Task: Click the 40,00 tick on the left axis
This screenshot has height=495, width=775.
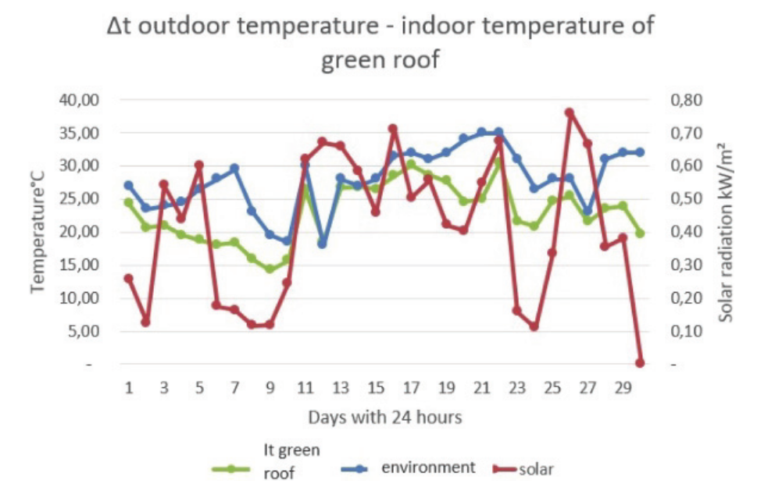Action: tap(77, 100)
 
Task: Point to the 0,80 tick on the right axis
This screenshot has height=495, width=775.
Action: tap(686, 100)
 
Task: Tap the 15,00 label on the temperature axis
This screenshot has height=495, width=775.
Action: tap(77, 265)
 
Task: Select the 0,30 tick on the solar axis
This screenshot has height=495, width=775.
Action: tap(686, 265)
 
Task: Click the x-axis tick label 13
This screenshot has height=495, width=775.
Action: tap(341, 388)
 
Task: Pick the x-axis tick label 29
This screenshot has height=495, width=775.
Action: tap(623, 388)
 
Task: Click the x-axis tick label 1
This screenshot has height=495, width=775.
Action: tap(129, 388)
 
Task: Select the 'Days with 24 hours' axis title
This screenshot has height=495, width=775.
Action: tap(384, 418)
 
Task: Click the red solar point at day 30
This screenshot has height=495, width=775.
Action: tap(640, 363)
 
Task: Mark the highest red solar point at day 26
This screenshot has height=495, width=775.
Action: tap(570, 112)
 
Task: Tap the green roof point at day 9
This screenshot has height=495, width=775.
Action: tap(270, 269)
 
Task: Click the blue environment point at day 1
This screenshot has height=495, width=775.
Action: tap(129, 185)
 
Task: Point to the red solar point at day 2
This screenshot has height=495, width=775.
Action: tap(146, 322)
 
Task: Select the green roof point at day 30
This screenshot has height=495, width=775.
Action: tap(640, 233)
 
